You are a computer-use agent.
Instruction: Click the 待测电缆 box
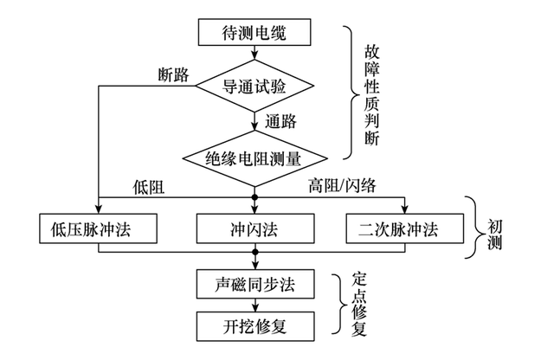[254, 34]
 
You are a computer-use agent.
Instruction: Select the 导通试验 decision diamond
[254, 86]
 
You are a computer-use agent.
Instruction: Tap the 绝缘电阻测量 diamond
[254, 158]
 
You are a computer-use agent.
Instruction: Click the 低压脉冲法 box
[100, 229]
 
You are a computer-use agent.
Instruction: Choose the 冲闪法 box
[254, 229]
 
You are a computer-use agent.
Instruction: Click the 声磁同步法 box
[254, 285]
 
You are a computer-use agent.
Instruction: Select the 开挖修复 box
[254, 325]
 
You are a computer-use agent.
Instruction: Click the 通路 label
[283, 120]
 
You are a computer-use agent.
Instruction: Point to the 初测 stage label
[496, 228]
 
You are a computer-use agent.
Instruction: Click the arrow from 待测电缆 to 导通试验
[254, 55]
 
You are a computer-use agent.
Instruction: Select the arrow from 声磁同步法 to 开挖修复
[254, 305]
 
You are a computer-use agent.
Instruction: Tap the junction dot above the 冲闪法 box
[254, 198]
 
